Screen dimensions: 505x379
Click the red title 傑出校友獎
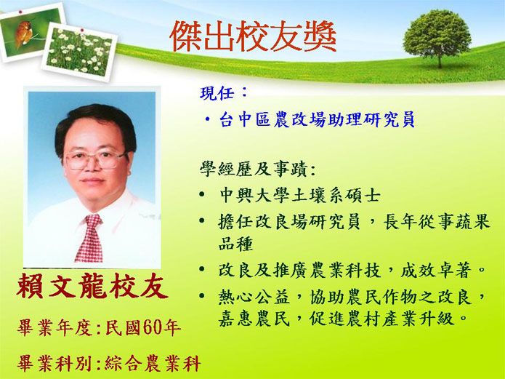tap(253, 36)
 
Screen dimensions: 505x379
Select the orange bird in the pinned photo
tap(23, 33)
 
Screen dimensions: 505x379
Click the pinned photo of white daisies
tap(79, 52)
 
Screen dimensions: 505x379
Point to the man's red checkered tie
tap(89, 238)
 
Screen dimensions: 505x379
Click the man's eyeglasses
tap(95, 159)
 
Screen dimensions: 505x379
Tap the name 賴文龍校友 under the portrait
tap(92, 286)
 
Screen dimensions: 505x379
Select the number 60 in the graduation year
tap(152, 327)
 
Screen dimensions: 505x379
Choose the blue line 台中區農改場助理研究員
tap(317, 119)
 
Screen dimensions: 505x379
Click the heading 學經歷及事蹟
tap(253, 169)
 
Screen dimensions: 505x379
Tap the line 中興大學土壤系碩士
tap(300, 195)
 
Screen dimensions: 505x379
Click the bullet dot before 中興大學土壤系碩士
tap(202, 194)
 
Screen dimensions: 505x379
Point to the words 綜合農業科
tap(153, 364)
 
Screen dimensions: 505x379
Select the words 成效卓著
tap(435, 271)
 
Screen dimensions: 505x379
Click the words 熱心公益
tap(254, 296)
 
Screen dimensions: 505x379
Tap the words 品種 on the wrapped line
tap(235, 244)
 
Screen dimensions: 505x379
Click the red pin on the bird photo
tap(20, 12)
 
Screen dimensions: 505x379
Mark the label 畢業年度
tap(54, 328)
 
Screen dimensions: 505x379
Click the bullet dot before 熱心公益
tap(202, 295)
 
